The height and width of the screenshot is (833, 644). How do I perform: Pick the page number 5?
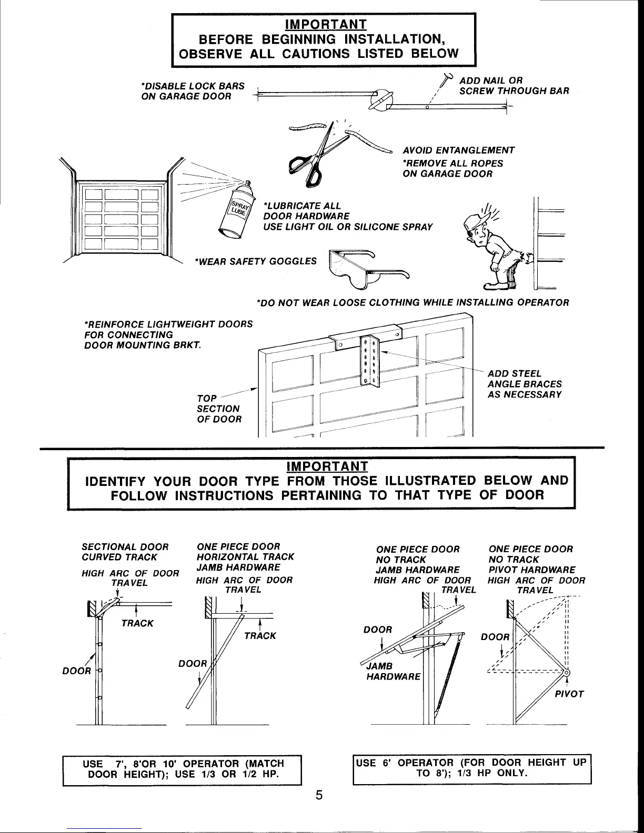[x=319, y=795]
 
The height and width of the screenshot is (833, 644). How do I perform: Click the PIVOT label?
[x=569, y=694]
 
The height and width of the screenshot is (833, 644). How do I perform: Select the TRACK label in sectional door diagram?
[x=137, y=623]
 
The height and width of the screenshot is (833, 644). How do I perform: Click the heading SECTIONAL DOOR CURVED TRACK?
[x=125, y=552]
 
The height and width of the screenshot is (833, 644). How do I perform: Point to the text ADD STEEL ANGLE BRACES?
[x=525, y=384]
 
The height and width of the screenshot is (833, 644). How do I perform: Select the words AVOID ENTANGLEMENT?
[x=458, y=150]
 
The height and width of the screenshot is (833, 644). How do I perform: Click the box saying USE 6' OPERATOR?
[x=472, y=768]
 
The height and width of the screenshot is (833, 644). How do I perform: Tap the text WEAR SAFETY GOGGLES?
[x=256, y=261]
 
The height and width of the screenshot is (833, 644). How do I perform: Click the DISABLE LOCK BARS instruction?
[x=193, y=91]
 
